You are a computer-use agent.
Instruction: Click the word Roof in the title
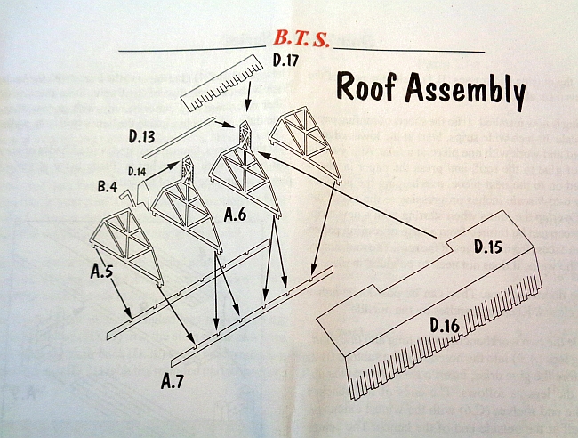[365, 88]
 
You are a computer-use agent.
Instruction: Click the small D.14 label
[137, 170]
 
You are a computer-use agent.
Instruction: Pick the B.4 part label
[108, 187]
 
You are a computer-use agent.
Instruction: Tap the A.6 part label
[235, 214]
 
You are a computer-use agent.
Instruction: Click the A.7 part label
[173, 382]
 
